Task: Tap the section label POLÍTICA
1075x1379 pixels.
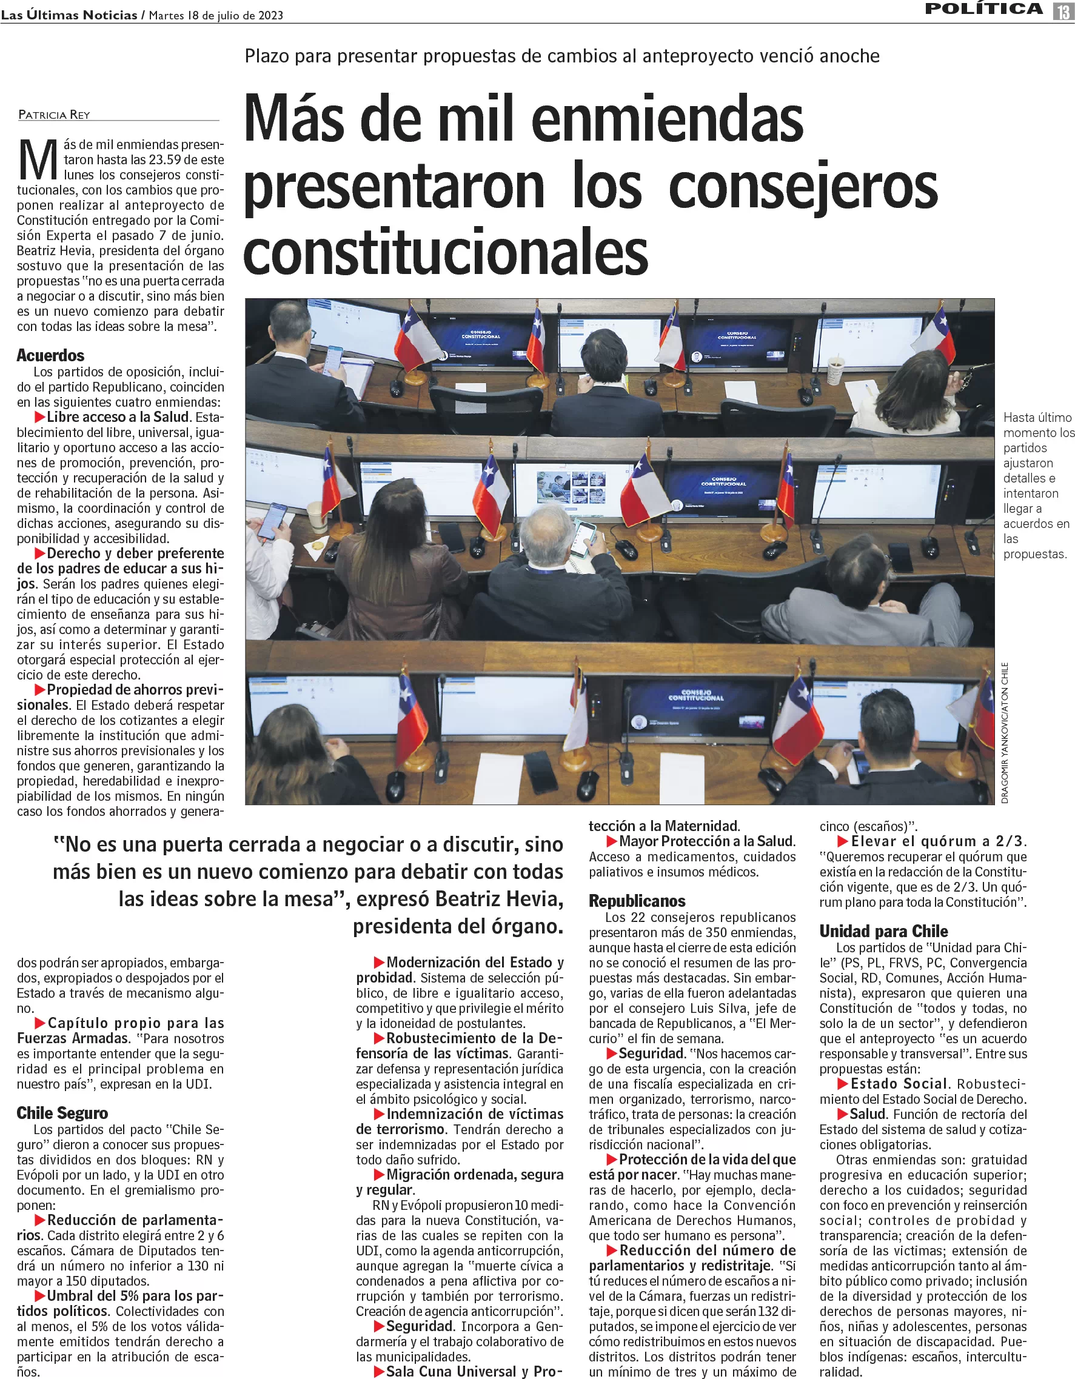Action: pyautogui.click(x=983, y=9)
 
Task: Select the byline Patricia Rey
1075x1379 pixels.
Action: pyautogui.click(x=54, y=115)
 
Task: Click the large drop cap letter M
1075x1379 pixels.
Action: pyautogui.click(x=38, y=161)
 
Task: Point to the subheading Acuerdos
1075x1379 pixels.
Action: pyautogui.click(x=50, y=355)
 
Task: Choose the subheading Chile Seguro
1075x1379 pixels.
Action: pyautogui.click(x=62, y=1112)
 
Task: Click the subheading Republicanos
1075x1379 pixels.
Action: pyautogui.click(x=637, y=900)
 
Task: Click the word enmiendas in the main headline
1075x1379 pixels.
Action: pyautogui.click(x=667, y=119)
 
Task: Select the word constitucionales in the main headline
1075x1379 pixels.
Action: pyautogui.click(x=445, y=252)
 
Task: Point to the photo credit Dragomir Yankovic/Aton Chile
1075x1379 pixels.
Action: pyautogui.click(x=1004, y=732)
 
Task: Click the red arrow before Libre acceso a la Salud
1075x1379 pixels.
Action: pyautogui.click(x=39, y=417)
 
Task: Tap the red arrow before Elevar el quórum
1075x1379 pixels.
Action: pyautogui.click(x=842, y=841)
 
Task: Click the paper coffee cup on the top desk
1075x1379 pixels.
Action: pyautogui.click(x=835, y=369)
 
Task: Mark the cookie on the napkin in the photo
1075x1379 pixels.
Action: pyautogui.click(x=318, y=544)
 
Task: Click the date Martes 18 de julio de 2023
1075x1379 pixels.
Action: pyautogui.click(x=215, y=15)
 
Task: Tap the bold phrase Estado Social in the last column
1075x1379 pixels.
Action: pyautogui.click(x=898, y=1084)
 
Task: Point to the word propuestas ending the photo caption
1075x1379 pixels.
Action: pyautogui.click(x=1034, y=554)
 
